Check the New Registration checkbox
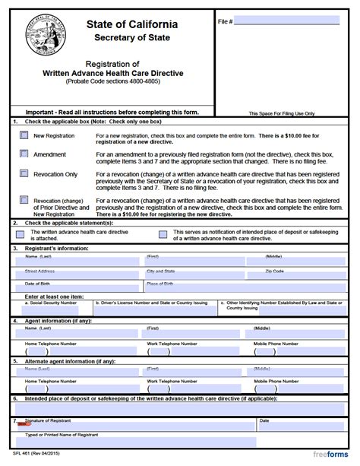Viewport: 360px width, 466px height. click(24, 135)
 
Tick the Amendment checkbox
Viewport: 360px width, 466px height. click(24, 153)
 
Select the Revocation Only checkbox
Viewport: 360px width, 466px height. click(24, 173)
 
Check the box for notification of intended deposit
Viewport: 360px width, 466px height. click(163, 235)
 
